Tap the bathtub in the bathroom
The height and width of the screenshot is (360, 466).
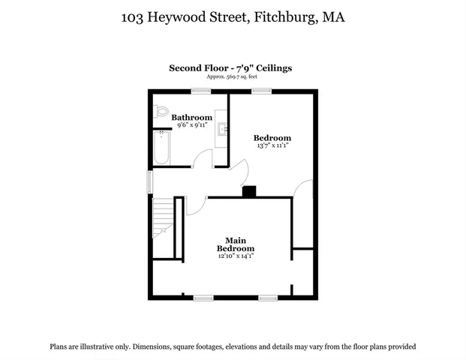(162, 147)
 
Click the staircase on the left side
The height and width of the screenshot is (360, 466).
(163, 218)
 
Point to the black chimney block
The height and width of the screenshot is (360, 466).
(249, 191)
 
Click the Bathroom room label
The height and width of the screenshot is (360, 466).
(191, 118)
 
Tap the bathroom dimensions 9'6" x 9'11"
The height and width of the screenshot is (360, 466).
(191, 125)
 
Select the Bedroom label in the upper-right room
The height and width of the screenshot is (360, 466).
(272, 138)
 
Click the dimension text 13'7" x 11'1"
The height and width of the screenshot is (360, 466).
(272, 145)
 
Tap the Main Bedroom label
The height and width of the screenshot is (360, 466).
(236, 244)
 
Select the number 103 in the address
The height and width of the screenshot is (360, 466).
(134, 16)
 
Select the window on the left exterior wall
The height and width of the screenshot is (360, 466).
(149, 181)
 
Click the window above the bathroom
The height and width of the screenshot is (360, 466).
(200, 91)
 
